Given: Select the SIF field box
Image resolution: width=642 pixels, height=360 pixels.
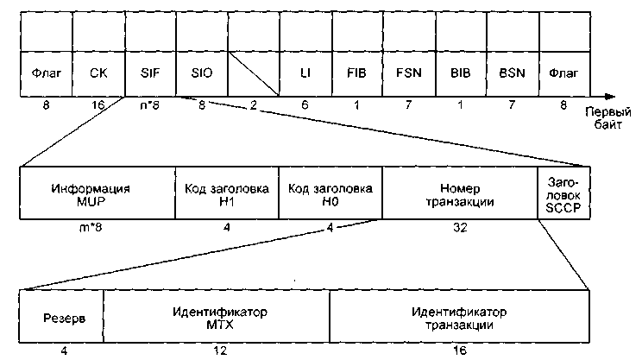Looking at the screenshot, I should point(148,74).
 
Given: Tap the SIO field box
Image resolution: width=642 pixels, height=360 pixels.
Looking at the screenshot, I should point(200,74).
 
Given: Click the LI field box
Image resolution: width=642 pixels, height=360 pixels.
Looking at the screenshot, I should point(305,74).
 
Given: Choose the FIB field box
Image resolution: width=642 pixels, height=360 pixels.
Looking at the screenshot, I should point(356,74).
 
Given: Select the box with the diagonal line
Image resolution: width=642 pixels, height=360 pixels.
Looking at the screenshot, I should point(252,74).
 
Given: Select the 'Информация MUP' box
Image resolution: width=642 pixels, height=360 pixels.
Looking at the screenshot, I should point(96,194).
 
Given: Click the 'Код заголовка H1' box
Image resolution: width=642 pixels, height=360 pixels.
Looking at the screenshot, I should point(226,194).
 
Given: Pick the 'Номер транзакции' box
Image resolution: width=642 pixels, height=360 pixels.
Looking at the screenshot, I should point(458,194).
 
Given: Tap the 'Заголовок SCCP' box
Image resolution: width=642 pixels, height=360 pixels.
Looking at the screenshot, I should point(562,194).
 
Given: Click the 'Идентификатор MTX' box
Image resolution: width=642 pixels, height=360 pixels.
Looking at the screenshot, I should point(215,317).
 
